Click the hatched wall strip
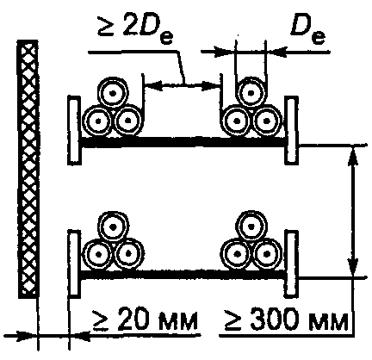tap(28, 169)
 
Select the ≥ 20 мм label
tap(145, 320)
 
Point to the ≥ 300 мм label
tap(286, 320)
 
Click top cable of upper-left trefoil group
tap(113, 92)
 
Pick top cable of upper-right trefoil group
tap(251, 92)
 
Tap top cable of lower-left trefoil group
tap(114, 227)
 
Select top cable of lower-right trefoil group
tap(251, 227)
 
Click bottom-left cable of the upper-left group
tap(97, 121)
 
